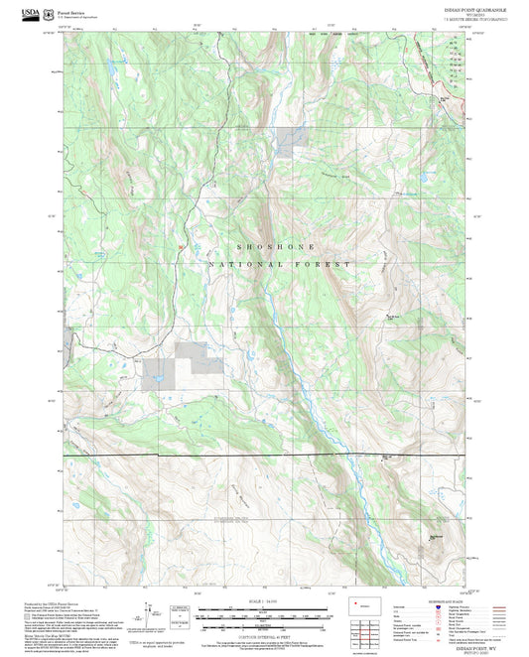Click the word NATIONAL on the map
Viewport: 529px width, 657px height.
[x=237, y=265]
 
